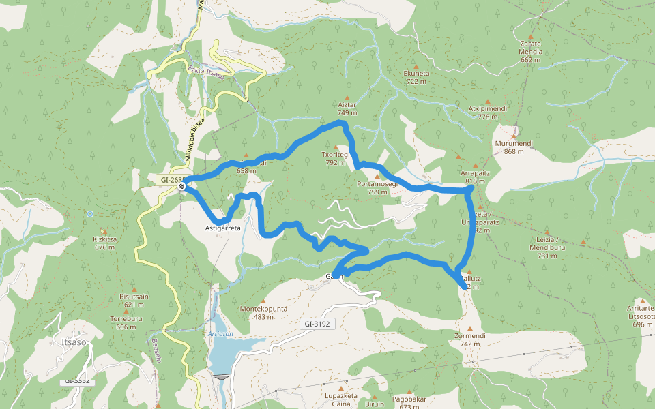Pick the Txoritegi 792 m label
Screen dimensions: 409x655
[x=336, y=158]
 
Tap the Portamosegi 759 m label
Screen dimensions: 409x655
[x=377, y=187]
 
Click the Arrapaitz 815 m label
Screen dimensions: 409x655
[x=475, y=177]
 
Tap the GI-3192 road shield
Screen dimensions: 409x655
[x=318, y=324]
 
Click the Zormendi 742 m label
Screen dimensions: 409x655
[x=469, y=339]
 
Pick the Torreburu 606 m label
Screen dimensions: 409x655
[x=126, y=322]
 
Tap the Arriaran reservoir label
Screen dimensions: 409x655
[x=220, y=335]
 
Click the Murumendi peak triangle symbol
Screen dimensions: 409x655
[x=514, y=127]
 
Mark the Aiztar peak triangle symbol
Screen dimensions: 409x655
[x=347, y=97]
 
